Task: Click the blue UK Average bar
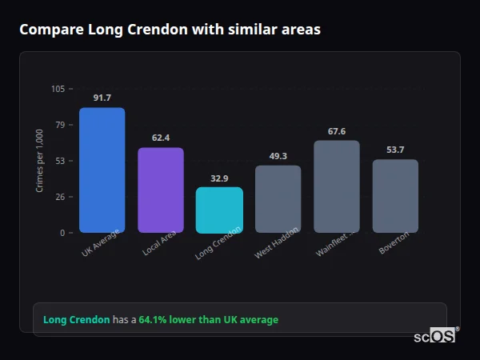(102, 170)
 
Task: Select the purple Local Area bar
(161, 190)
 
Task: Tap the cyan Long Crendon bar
(219, 210)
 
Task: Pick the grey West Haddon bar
(278, 199)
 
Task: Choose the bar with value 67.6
(337, 186)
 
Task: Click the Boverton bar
(395, 196)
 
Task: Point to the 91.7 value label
(102, 98)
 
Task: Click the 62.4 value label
(161, 138)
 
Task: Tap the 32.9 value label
(219, 178)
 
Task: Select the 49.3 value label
(278, 156)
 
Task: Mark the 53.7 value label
(395, 150)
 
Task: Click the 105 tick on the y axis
(58, 89)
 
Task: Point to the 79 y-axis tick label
(60, 125)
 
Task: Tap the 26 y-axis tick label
(60, 197)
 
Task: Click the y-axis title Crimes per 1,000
(40, 161)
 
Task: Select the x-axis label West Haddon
(277, 242)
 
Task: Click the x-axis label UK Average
(101, 243)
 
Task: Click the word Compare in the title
(46, 30)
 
